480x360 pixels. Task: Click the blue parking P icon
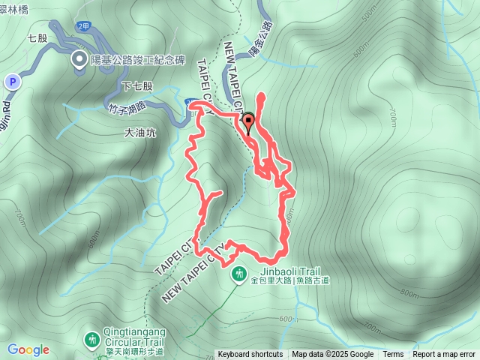[12, 81]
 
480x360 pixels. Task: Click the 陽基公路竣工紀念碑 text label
[135, 59]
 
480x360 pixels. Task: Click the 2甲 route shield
[83, 26]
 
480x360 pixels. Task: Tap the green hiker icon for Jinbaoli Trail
[239, 274]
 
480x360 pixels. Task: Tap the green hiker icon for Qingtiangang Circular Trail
[92, 340]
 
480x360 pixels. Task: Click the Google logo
[28, 349]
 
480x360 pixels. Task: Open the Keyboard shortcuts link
[250, 355]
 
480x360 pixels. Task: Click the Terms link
[393, 355]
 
